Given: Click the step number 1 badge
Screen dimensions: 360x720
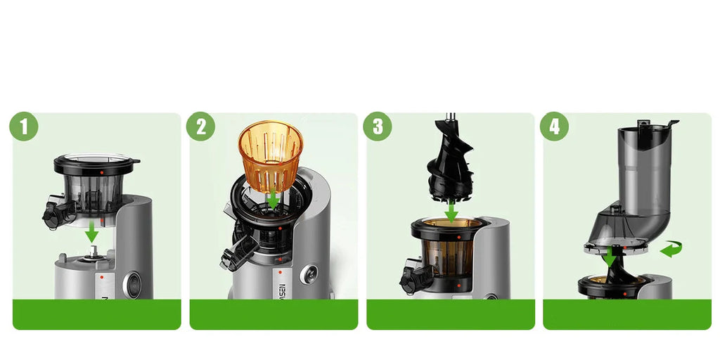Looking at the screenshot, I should click(x=24, y=127).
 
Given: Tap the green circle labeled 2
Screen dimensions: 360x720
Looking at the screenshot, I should click(x=201, y=127).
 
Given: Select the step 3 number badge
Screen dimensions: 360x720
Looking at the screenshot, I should click(x=378, y=127).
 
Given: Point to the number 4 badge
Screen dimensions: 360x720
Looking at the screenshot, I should click(x=555, y=127).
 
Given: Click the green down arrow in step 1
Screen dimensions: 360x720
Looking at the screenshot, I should click(x=91, y=233).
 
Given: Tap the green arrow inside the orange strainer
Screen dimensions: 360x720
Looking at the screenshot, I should click(x=273, y=199).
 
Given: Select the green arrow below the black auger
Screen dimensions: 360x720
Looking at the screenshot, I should click(x=451, y=210).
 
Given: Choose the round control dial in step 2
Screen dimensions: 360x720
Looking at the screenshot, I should click(x=307, y=275).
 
